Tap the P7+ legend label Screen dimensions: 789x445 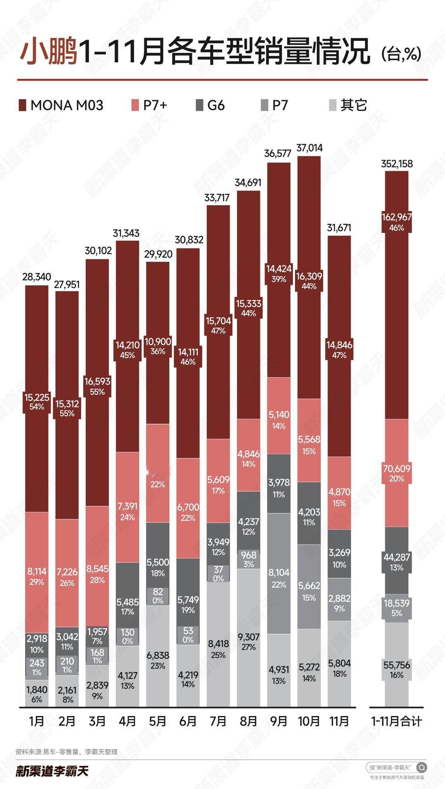coord(155,105)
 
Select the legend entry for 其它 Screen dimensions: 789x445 coord(353,105)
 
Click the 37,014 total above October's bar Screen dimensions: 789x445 coord(309,148)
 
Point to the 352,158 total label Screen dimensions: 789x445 coord(396,164)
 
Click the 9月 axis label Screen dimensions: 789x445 coord(279,721)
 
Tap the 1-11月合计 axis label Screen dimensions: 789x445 coord(396,721)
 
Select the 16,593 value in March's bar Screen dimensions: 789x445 coord(97,382)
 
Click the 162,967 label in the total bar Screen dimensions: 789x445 coord(396,217)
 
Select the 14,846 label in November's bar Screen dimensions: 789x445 coord(339,345)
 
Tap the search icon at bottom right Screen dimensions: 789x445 coord(421,767)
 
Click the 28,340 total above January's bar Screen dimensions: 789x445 coord(37,277)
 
